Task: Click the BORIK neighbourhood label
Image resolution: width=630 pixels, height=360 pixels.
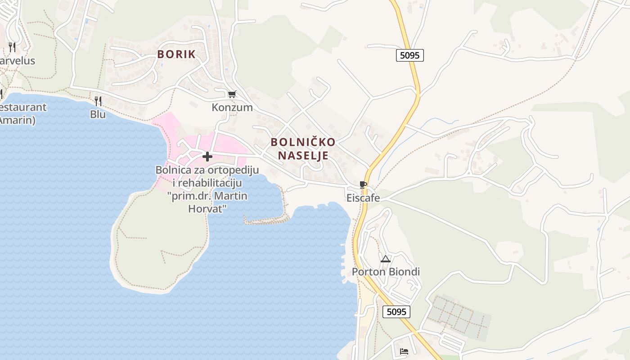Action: tap(176, 54)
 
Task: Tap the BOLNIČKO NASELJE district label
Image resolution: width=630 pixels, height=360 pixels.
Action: tap(303, 149)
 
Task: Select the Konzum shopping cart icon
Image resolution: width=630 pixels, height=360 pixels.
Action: tap(232, 94)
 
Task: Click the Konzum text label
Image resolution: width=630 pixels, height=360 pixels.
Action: tap(232, 108)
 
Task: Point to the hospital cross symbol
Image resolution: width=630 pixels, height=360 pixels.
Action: tap(207, 157)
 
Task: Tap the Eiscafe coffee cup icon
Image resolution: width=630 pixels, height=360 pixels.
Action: tap(363, 184)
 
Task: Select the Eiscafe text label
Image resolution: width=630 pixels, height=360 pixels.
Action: tap(363, 198)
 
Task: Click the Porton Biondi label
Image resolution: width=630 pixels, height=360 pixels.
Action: tap(386, 272)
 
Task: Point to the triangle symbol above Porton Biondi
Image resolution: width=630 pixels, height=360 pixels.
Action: tap(385, 259)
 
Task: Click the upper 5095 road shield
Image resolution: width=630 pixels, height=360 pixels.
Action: tap(410, 55)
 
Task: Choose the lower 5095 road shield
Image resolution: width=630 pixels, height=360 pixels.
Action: tap(396, 312)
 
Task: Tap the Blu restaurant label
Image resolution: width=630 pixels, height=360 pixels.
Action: tap(98, 114)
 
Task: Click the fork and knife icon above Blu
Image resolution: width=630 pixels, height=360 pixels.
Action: tap(98, 101)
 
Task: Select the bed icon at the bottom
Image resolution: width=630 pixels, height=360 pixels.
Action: tap(404, 351)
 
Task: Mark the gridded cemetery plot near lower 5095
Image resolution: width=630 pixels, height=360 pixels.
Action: tap(459, 317)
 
